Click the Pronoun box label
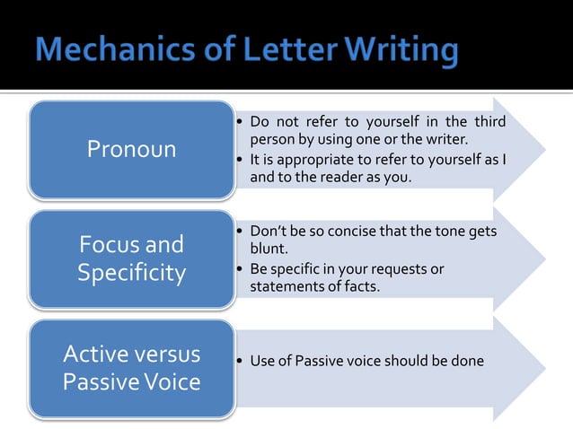[131, 149]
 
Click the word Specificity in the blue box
[131, 272]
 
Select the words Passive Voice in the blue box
[131, 381]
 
